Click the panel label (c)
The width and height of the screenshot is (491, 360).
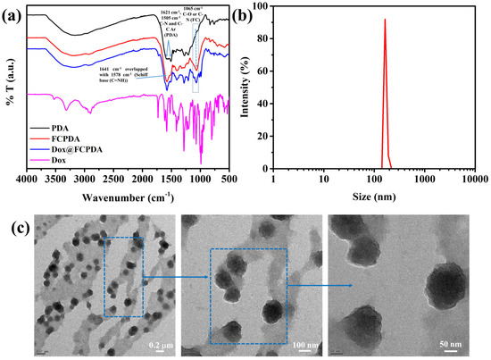[13, 223]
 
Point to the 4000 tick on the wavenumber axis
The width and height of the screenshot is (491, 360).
[28, 179]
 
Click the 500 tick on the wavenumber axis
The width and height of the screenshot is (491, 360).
[230, 179]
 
